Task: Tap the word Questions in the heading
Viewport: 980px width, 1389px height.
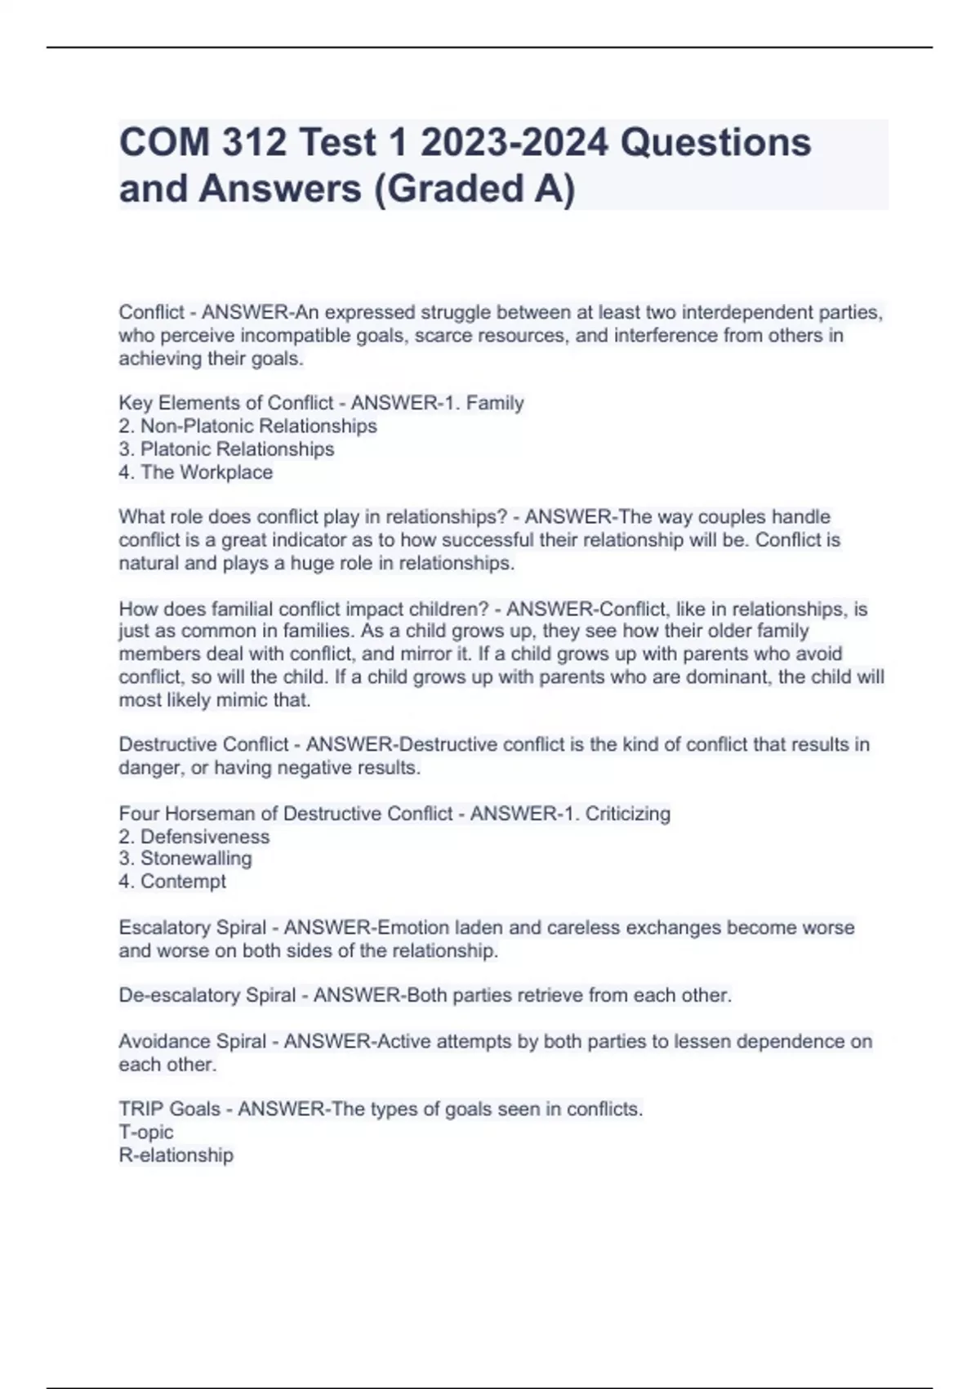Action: (715, 143)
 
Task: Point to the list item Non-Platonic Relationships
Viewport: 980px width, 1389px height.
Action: (258, 426)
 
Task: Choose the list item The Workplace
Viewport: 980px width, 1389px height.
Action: (207, 472)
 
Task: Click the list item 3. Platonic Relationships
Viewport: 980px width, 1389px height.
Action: (227, 449)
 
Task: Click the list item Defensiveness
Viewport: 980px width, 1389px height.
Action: (204, 836)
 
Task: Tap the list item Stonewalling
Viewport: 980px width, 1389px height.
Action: (196, 858)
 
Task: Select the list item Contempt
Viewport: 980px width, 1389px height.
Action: (183, 881)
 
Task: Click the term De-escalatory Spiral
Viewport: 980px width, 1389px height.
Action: (207, 995)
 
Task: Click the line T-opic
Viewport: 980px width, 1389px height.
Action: (146, 1132)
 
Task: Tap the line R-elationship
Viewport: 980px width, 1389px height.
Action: (176, 1155)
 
